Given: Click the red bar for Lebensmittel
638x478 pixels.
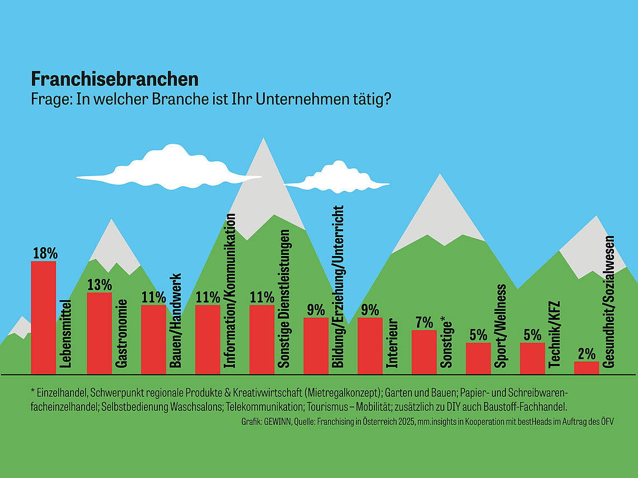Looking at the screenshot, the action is pyautogui.click(x=44, y=318).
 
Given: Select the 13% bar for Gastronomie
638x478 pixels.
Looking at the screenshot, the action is pyautogui.click(x=99, y=333).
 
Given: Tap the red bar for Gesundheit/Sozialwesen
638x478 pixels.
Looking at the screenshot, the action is pyautogui.click(x=587, y=368).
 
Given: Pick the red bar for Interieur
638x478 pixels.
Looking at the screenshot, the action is pyautogui.click(x=370, y=346).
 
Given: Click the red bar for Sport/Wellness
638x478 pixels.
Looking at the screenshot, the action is pyautogui.click(x=478, y=358).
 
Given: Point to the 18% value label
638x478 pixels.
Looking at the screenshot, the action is pyautogui.click(x=45, y=253).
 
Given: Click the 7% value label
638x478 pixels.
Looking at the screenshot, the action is pyautogui.click(x=424, y=323).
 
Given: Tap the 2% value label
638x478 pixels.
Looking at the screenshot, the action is pyautogui.click(x=587, y=354).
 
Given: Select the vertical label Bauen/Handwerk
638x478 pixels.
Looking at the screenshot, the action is pyautogui.click(x=175, y=321).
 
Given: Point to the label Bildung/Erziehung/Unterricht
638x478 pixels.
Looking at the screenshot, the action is pyautogui.click(x=338, y=287).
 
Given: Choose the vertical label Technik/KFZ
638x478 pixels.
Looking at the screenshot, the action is pyautogui.click(x=555, y=334).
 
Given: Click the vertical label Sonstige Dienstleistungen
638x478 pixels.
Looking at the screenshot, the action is pyautogui.click(x=284, y=299).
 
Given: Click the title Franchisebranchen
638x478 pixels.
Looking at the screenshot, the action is pyautogui.click(x=115, y=79).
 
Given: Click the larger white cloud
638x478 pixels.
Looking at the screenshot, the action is pyautogui.click(x=169, y=168).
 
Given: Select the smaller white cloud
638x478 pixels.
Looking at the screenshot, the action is pyautogui.click(x=337, y=178).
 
